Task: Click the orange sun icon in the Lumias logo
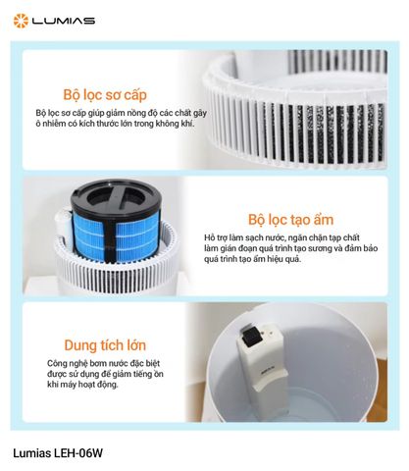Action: (x=20, y=20)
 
